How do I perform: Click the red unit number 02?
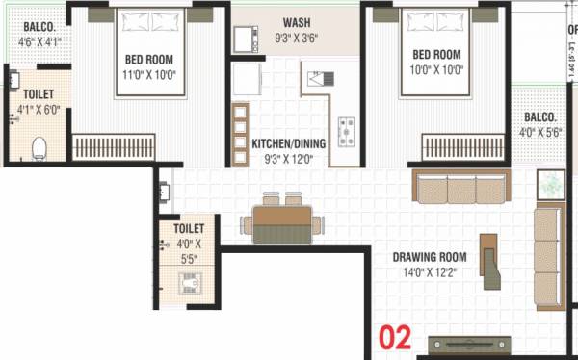(395, 337)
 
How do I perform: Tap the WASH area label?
(295, 22)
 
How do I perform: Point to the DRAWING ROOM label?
(430, 257)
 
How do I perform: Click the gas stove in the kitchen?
(345, 126)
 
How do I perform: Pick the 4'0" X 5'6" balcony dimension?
(541, 131)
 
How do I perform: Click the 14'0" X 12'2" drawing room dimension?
(430, 272)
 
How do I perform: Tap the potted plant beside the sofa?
(552, 183)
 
